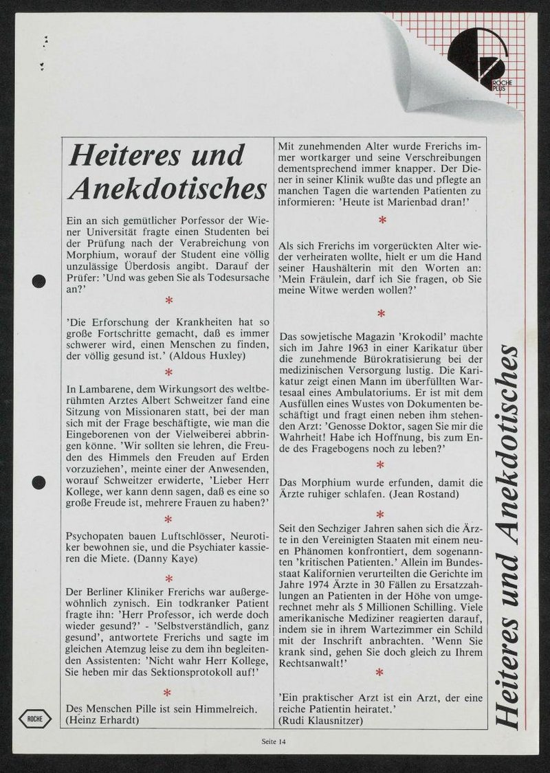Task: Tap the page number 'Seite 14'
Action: pyautogui.click(x=274, y=741)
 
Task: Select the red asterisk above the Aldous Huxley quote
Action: pyautogui.click(x=168, y=300)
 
